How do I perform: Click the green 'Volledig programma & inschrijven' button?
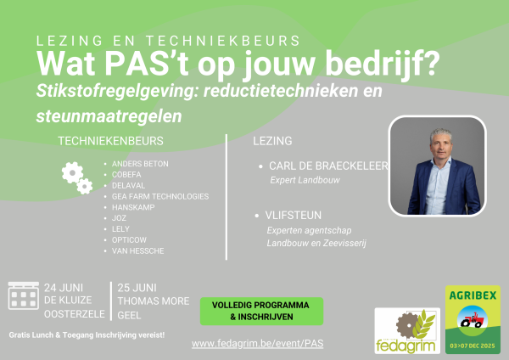click(x=261, y=311)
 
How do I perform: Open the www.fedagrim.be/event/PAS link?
click(x=257, y=343)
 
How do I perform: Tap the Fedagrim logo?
click(x=407, y=330)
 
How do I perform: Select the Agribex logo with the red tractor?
click(x=473, y=319)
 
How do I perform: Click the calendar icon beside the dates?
click(x=24, y=295)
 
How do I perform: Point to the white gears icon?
click(x=77, y=177)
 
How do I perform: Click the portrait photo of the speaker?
click(x=437, y=166)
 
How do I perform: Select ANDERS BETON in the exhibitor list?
click(x=140, y=164)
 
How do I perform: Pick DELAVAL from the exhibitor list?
click(x=129, y=186)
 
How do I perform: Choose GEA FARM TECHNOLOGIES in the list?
click(x=160, y=197)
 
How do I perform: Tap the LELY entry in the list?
click(x=120, y=229)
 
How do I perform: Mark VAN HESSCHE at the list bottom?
click(x=138, y=250)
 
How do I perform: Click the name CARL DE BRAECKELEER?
click(x=328, y=166)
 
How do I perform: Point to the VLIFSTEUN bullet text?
click(x=294, y=215)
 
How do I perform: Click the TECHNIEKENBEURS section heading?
click(x=110, y=141)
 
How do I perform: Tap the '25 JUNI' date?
click(x=137, y=288)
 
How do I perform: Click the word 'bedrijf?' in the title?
click(x=383, y=64)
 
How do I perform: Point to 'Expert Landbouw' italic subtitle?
click(x=305, y=180)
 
